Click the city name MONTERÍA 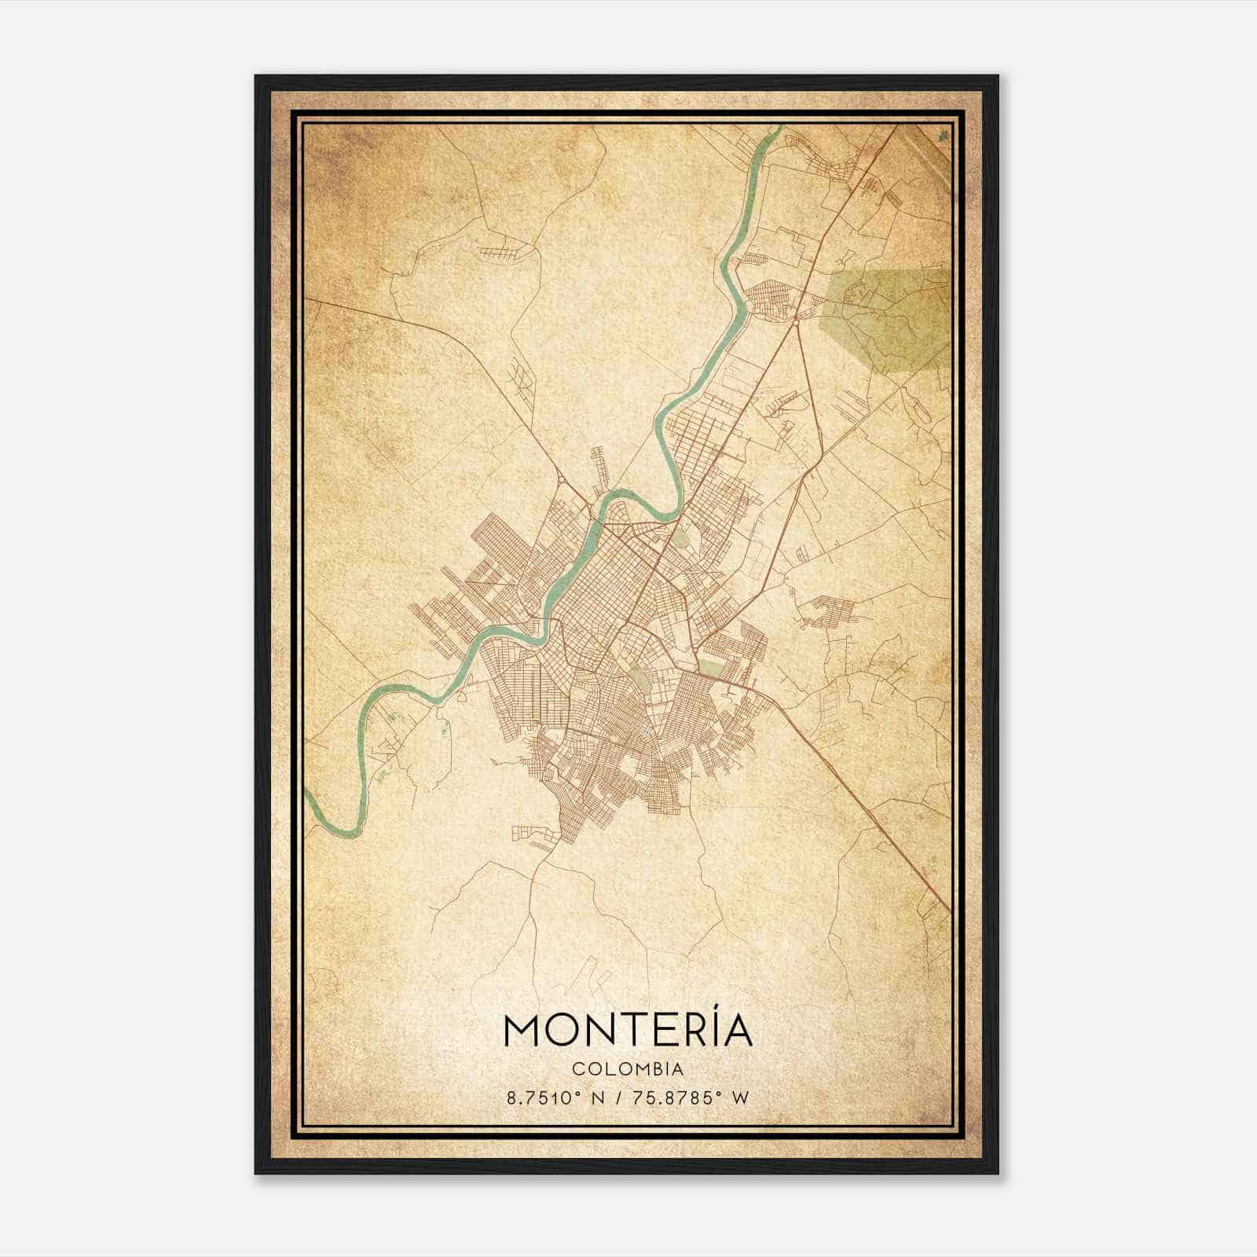[x=628, y=1031]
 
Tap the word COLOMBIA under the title [x=628, y=1068]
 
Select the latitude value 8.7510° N [x=555, y=1098]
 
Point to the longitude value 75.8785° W [x=692, y=1098]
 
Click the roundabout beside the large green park [x=796, y=321]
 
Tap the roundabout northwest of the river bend [x=561, y=480]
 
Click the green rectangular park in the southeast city [x=712, y=667]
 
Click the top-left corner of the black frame [x=257, y=77]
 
